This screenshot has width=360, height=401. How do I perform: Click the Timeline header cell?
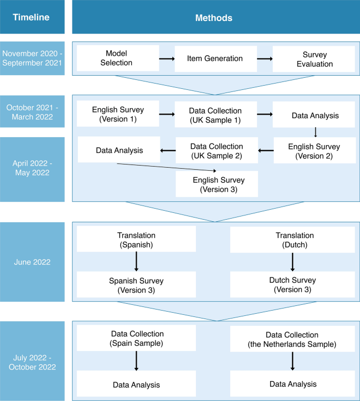tap(32, 17)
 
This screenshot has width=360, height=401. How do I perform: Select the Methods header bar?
tap(216, 17)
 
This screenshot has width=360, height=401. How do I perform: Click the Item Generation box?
tap(215, 58)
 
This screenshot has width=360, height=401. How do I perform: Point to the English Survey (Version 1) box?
tap(118, 114)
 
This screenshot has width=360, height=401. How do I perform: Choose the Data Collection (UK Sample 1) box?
tap(215, 115)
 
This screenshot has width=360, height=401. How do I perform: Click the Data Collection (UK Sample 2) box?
tap(217, 150)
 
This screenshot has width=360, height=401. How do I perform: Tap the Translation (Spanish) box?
tap(136, 239)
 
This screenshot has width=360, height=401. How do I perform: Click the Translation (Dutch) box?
tap(294, 239)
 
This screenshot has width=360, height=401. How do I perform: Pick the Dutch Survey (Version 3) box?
tap(294, 285)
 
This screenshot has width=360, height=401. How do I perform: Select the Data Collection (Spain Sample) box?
tap(137, 337)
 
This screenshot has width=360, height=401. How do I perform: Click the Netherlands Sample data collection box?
tap(292, 338)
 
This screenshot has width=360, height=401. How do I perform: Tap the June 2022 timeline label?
tap(32, 262)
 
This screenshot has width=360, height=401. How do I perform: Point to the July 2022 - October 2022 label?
tap(32, 361)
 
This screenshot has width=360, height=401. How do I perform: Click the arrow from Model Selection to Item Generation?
tap(167, 58)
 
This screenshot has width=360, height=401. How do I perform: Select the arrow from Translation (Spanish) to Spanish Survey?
tap(136, 261)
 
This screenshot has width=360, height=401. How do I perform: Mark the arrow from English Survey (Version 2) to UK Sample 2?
tap(266, 151)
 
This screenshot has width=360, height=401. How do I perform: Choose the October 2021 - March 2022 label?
tap(32, 112)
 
